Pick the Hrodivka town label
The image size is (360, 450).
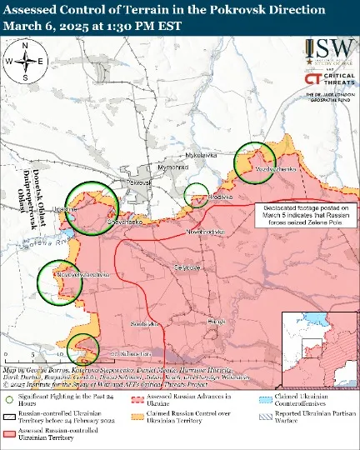point(219,197)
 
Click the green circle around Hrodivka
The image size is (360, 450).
point(197,194)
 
